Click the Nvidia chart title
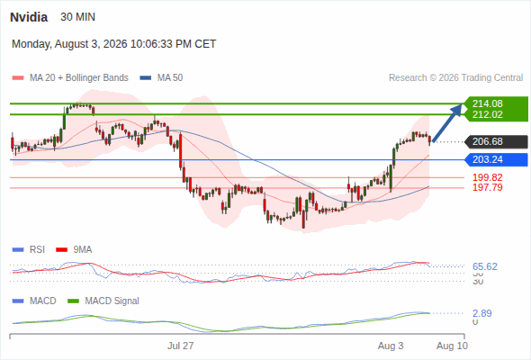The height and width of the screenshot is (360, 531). click(x=29, y=17)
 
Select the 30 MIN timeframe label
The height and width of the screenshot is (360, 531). click(x=78, y=17)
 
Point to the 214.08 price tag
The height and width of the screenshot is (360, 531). click(x=487, y=103)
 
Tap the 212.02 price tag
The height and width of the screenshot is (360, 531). click(x=487, y=114)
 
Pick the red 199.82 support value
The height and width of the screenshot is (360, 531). click(x=487, y=177)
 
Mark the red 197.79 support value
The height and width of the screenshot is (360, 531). click(x=487, y=187)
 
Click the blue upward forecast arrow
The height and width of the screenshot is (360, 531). click(x=447, y=122)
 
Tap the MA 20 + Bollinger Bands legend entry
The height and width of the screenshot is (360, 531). click(x=70, y=78)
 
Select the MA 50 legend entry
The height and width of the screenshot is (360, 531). click(x=161, y=78)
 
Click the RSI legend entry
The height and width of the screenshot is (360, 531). click(x=29, y=249)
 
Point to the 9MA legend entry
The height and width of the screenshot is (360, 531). click(x=74, y=249)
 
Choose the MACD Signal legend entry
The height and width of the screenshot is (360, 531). click(x=103, y=301)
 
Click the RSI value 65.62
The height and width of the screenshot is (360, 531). click(x=485, y=266)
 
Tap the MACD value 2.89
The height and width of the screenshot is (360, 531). click(x=482, y=313)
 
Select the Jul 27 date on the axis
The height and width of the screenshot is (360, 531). click(x=181, y=346)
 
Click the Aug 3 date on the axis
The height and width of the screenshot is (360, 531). click(x=391, y=346)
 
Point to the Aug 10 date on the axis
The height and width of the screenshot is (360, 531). click(x=452, y=346)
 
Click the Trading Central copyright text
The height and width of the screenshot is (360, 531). click(x=455, y=78)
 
